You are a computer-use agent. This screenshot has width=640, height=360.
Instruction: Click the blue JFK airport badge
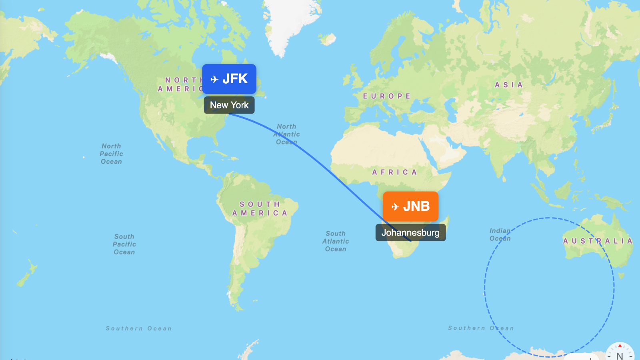click(x=229, y=79)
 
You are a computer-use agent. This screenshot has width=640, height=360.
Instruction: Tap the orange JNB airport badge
click(x=410, y=206)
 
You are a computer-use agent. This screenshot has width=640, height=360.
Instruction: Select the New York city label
click(x=229, y=105)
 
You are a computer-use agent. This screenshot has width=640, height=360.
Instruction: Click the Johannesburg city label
click(x=410, y=233)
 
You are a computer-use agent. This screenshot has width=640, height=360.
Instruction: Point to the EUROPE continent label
click(x=386, y=96)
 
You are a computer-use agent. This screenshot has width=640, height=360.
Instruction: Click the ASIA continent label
click(x=509, y=85)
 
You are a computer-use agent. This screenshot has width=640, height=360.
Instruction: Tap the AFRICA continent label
click(x=394, y=172)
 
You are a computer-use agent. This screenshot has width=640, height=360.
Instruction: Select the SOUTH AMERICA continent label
click(x=260, y=208)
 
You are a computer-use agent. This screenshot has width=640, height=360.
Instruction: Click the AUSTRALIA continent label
click(x=598, y=241)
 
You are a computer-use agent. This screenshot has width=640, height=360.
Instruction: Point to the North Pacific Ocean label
click(x=111, y=154)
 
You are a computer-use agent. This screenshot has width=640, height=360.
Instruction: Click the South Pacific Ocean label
click(x=124, y=244)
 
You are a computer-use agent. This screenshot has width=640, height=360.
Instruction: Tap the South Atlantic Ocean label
click(x=336, y=241)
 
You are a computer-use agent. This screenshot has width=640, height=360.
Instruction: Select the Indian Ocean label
click(x=500, y=234)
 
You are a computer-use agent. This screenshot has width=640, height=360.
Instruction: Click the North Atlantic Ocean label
click(x=287, y=134)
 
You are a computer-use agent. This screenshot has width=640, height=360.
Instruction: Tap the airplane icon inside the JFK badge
click(x=215, y=79)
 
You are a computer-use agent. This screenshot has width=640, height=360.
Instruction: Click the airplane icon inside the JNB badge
click(x=395, y=207)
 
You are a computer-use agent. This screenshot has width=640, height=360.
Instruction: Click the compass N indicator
click(x=620, y=354)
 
